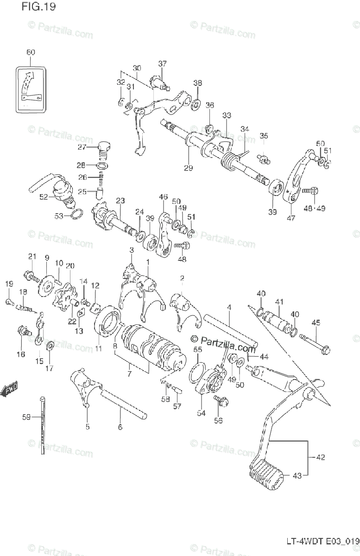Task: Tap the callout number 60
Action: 31,52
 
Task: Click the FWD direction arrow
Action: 9,389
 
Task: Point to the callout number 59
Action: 26,417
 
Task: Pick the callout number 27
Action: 82,147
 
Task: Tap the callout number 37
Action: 162,63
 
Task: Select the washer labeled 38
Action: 196,103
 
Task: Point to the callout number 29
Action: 188,168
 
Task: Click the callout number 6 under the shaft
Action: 120,427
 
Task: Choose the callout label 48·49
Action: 315,208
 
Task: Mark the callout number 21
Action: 32,256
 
